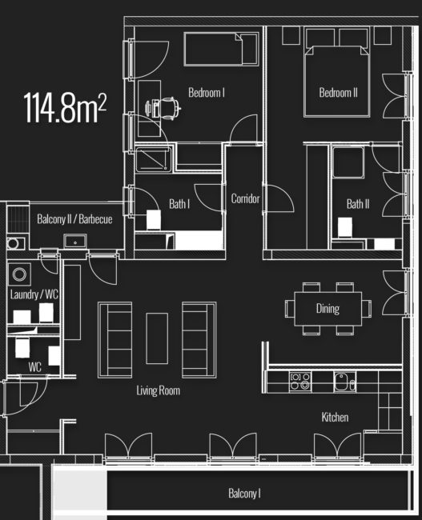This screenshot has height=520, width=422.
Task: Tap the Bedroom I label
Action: pos(206,93)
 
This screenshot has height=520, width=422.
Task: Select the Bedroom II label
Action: pos(338,93)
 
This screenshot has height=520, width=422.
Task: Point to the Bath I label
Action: pos(179,204)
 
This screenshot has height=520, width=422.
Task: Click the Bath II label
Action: pos(358,204)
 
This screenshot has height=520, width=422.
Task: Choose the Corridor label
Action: pos(245,198)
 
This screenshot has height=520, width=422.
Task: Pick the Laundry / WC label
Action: pos(34,294)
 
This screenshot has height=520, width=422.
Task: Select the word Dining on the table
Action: pos(328,309)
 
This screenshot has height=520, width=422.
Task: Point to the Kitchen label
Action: pos(335,417)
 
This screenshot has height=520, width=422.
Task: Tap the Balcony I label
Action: pos(244,494)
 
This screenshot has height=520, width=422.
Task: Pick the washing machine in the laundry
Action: pos(18,275)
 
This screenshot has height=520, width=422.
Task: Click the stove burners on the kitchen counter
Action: pos(300,381)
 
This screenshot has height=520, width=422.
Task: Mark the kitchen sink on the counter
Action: pos(342,381)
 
